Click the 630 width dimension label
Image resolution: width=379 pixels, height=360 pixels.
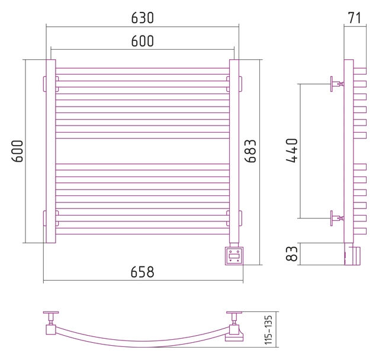[142, 18]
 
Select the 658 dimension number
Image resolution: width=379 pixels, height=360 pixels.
[142, 272]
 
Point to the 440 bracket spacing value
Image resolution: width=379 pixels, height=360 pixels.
[292, 150]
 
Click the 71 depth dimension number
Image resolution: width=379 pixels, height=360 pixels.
[354, 18]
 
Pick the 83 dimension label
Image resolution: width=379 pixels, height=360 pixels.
[291, 253]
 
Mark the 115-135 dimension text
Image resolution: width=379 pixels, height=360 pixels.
[268, 330]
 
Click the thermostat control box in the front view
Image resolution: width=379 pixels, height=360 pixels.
[234, 256]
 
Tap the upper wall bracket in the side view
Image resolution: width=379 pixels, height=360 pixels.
[337, 84]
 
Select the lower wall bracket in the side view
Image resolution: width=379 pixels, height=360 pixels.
[337, 218]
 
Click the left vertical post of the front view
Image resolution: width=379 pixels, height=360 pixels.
[51, 151]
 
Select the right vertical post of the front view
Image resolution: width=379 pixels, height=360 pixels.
[234, 151]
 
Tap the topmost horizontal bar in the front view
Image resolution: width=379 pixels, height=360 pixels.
[142, 71]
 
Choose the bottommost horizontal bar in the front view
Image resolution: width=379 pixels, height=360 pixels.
[142, 232]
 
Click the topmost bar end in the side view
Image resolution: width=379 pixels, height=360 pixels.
[360, 71]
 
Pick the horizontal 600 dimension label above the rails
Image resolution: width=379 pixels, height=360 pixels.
[142, 41]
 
